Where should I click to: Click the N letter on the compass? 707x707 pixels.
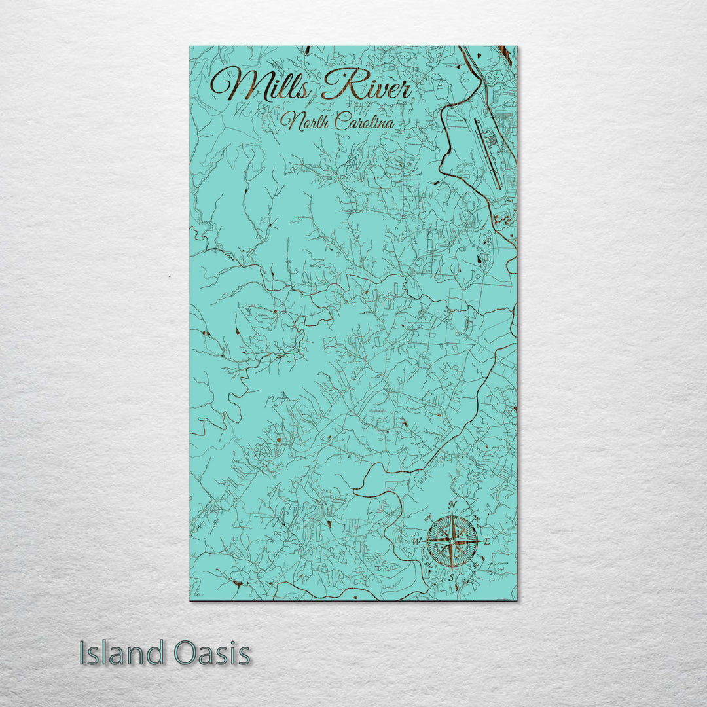click(x=452, y=505)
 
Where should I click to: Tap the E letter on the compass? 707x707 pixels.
click(x=486, y=541)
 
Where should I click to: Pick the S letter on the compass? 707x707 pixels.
click(x=451, y=578)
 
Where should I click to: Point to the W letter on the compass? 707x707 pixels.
click(x=415, y=542)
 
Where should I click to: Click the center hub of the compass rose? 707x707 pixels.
click(x=452, y=541)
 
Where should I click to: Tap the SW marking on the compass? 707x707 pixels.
click(x=427, y=566)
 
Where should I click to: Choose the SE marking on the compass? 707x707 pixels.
click(x=476, y=566)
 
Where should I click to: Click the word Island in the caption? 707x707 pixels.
click(x=122, y=653)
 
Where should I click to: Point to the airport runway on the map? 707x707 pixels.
click(x=488, y=151)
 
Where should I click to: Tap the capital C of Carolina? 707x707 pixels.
click(x=341, y=121)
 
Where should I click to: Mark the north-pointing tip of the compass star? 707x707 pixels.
click(x=452, y=513)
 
